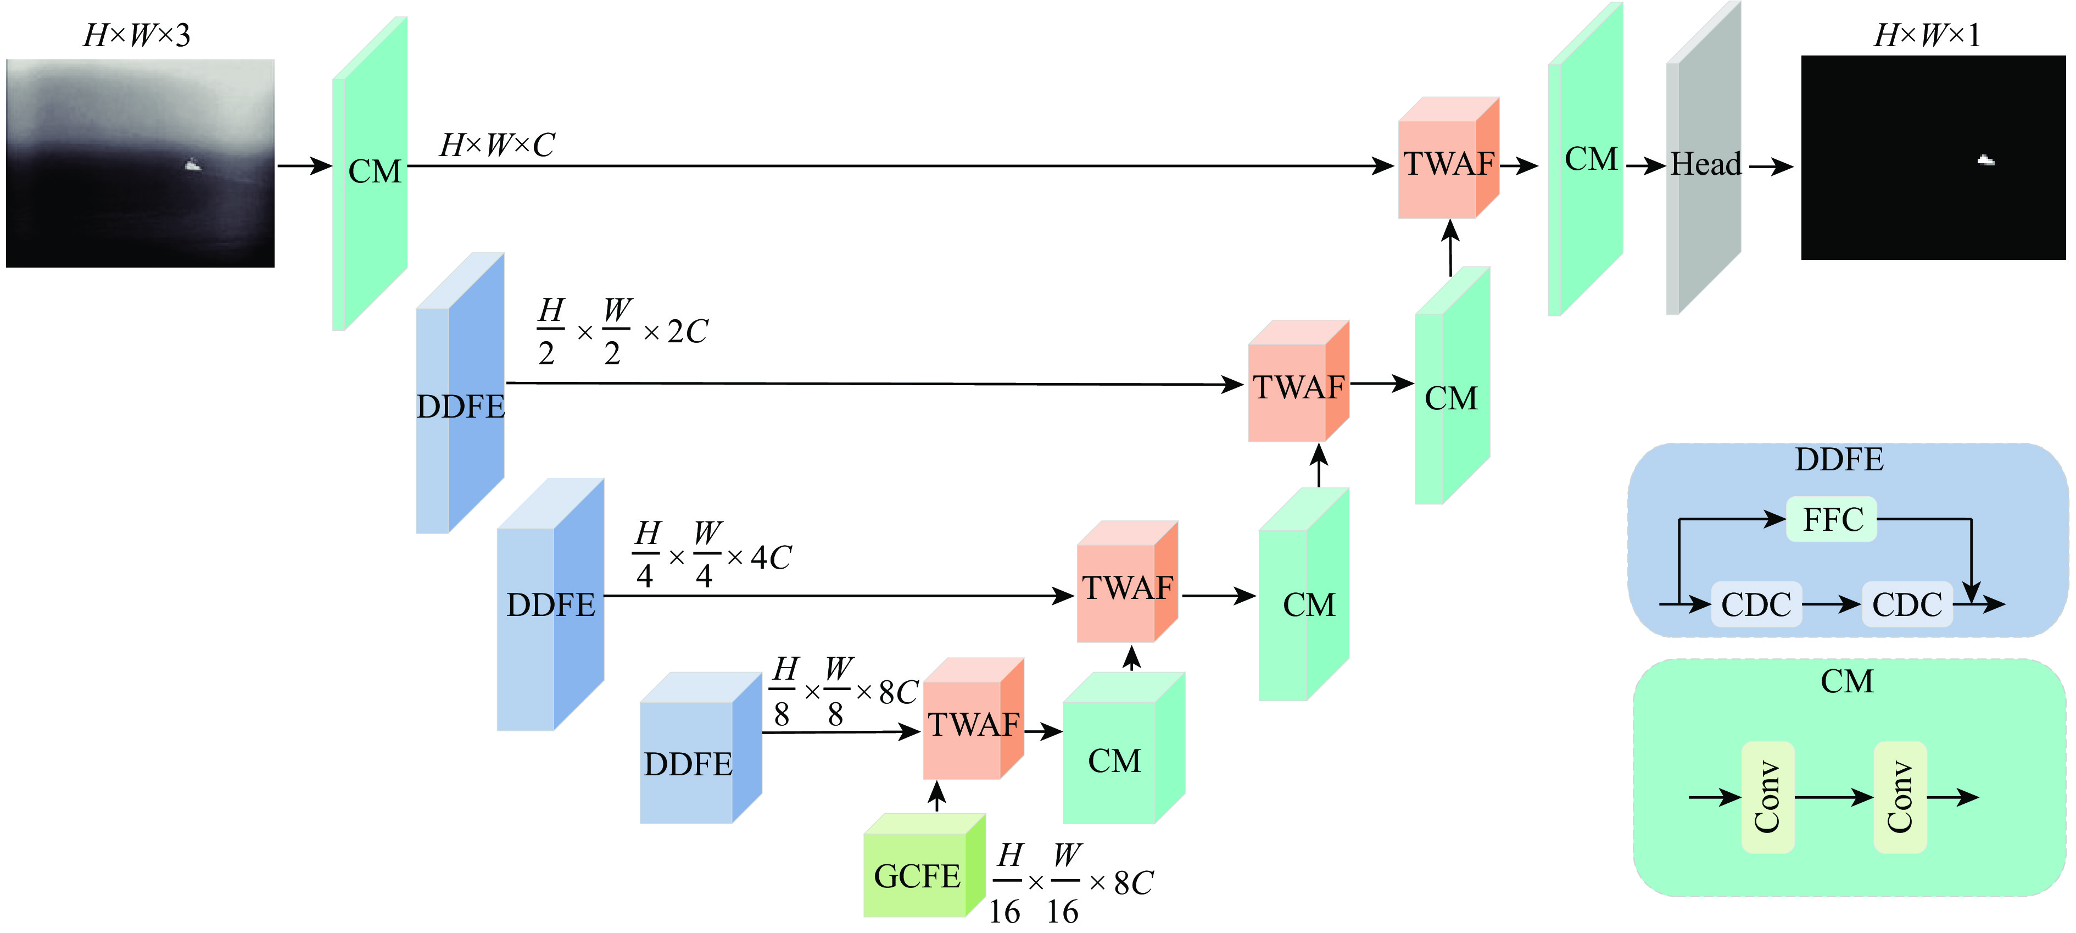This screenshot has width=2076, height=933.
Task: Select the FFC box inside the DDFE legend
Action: pos(1832,519)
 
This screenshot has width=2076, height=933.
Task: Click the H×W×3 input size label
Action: pos(137,36)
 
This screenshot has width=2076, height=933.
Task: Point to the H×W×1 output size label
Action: pos(1926,36)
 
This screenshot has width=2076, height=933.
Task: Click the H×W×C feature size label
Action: pos(496,145)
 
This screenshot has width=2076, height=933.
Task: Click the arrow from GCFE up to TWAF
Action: pos(936,797)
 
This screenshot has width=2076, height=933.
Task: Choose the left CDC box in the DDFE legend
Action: pos(1756,604)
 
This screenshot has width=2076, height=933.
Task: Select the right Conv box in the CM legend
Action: pos(1900,797)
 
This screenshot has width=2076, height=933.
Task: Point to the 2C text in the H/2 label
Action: pos(687,331)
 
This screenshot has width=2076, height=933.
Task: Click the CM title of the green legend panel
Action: pos(1846,681)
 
